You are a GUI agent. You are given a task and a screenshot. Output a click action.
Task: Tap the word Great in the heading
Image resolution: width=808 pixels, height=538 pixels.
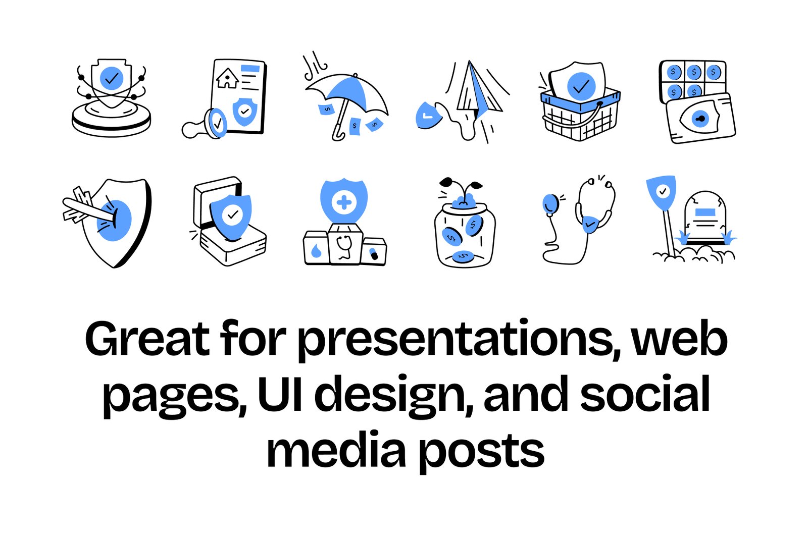(x=147, y=338)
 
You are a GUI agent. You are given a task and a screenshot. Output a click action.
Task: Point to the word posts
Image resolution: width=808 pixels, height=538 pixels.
(x=482, y=452)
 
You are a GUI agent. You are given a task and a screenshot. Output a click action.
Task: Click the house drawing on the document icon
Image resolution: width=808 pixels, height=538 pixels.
(x=227, y=78)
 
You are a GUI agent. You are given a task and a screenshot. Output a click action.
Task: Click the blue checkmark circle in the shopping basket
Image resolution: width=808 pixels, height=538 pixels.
(x=581, y=86)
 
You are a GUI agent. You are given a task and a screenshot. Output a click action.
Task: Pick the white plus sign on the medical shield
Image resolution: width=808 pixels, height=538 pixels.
(x=344, y=202)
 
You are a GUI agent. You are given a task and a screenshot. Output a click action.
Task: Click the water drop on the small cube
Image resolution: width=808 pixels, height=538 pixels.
(x=316, y=251)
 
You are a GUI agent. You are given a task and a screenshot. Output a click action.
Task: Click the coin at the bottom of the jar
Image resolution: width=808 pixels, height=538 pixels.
(x=463, y=257)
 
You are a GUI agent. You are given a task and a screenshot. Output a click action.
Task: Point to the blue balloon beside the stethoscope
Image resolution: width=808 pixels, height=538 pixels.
(x=550, y=204)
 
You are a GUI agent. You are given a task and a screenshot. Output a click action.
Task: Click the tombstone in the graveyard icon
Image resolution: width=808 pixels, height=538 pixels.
(x=705, y=217)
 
